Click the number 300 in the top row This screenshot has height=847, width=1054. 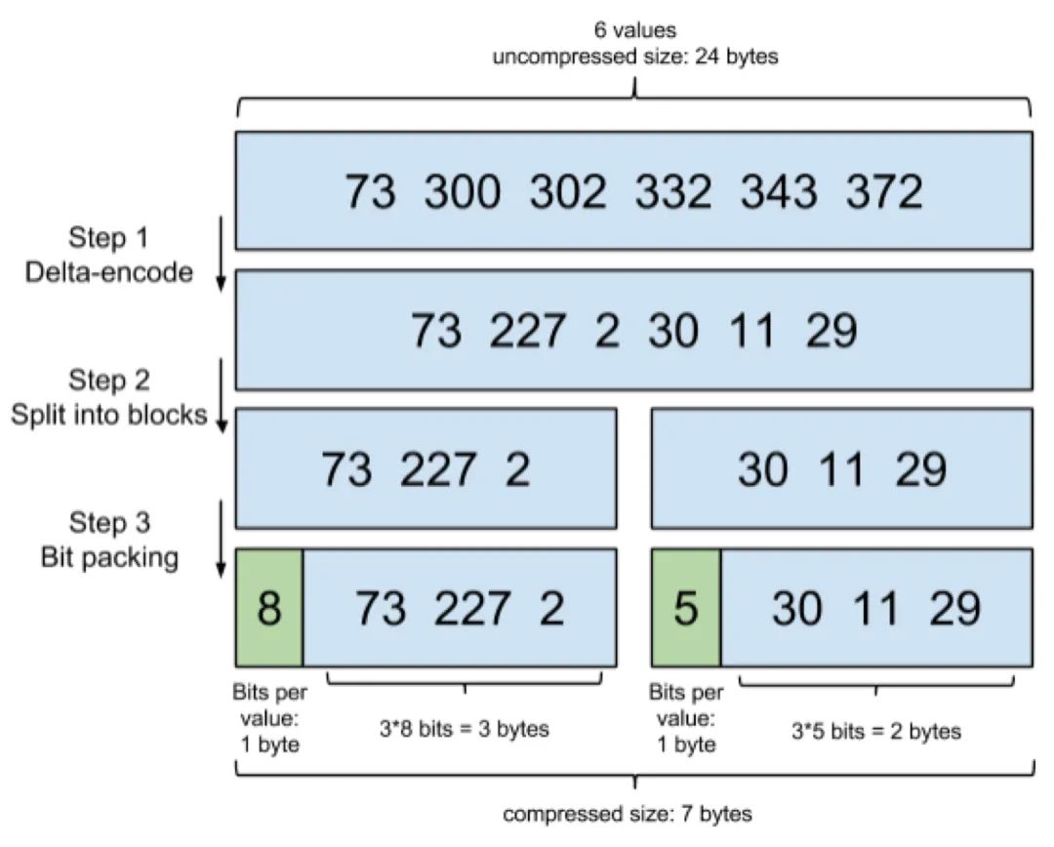tap(463, 191)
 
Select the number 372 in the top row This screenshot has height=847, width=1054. tap(884, 191)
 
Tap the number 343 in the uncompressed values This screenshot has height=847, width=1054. tap(779, 191)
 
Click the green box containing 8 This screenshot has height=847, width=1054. tap(269, 608)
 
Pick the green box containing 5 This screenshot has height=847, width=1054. tap(686, 608)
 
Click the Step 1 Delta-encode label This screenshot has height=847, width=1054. tap(109, 255)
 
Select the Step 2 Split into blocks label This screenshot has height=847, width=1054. tap(109, 397)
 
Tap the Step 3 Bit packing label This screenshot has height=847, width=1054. tap(109, 540)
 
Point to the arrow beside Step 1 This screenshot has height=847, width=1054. tap(221, 254)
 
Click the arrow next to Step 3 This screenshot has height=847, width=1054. tap(221, 538)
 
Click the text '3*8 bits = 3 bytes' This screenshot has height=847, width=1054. tap(465, 729)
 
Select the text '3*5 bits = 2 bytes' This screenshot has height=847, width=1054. tap(875, 731)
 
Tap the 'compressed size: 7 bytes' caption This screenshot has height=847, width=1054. tap(628, 814)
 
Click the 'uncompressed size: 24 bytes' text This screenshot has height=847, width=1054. tap(635, 57)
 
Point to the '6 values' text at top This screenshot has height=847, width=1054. tap(635, 30)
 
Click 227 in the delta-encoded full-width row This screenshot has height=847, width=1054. tap(527, 331)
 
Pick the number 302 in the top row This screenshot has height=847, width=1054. tap(568, 191)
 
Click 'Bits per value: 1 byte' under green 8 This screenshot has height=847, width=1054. tap(269, 718)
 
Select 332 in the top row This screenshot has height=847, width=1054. tap(673, 191)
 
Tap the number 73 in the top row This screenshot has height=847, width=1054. tap(371, 191)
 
